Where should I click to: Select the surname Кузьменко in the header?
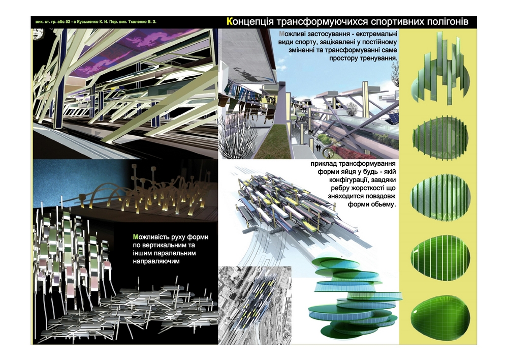click(x=100, y=22)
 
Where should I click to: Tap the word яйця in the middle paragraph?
click(x=354, y=173)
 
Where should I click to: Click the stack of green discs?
click(x=351, y=295)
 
